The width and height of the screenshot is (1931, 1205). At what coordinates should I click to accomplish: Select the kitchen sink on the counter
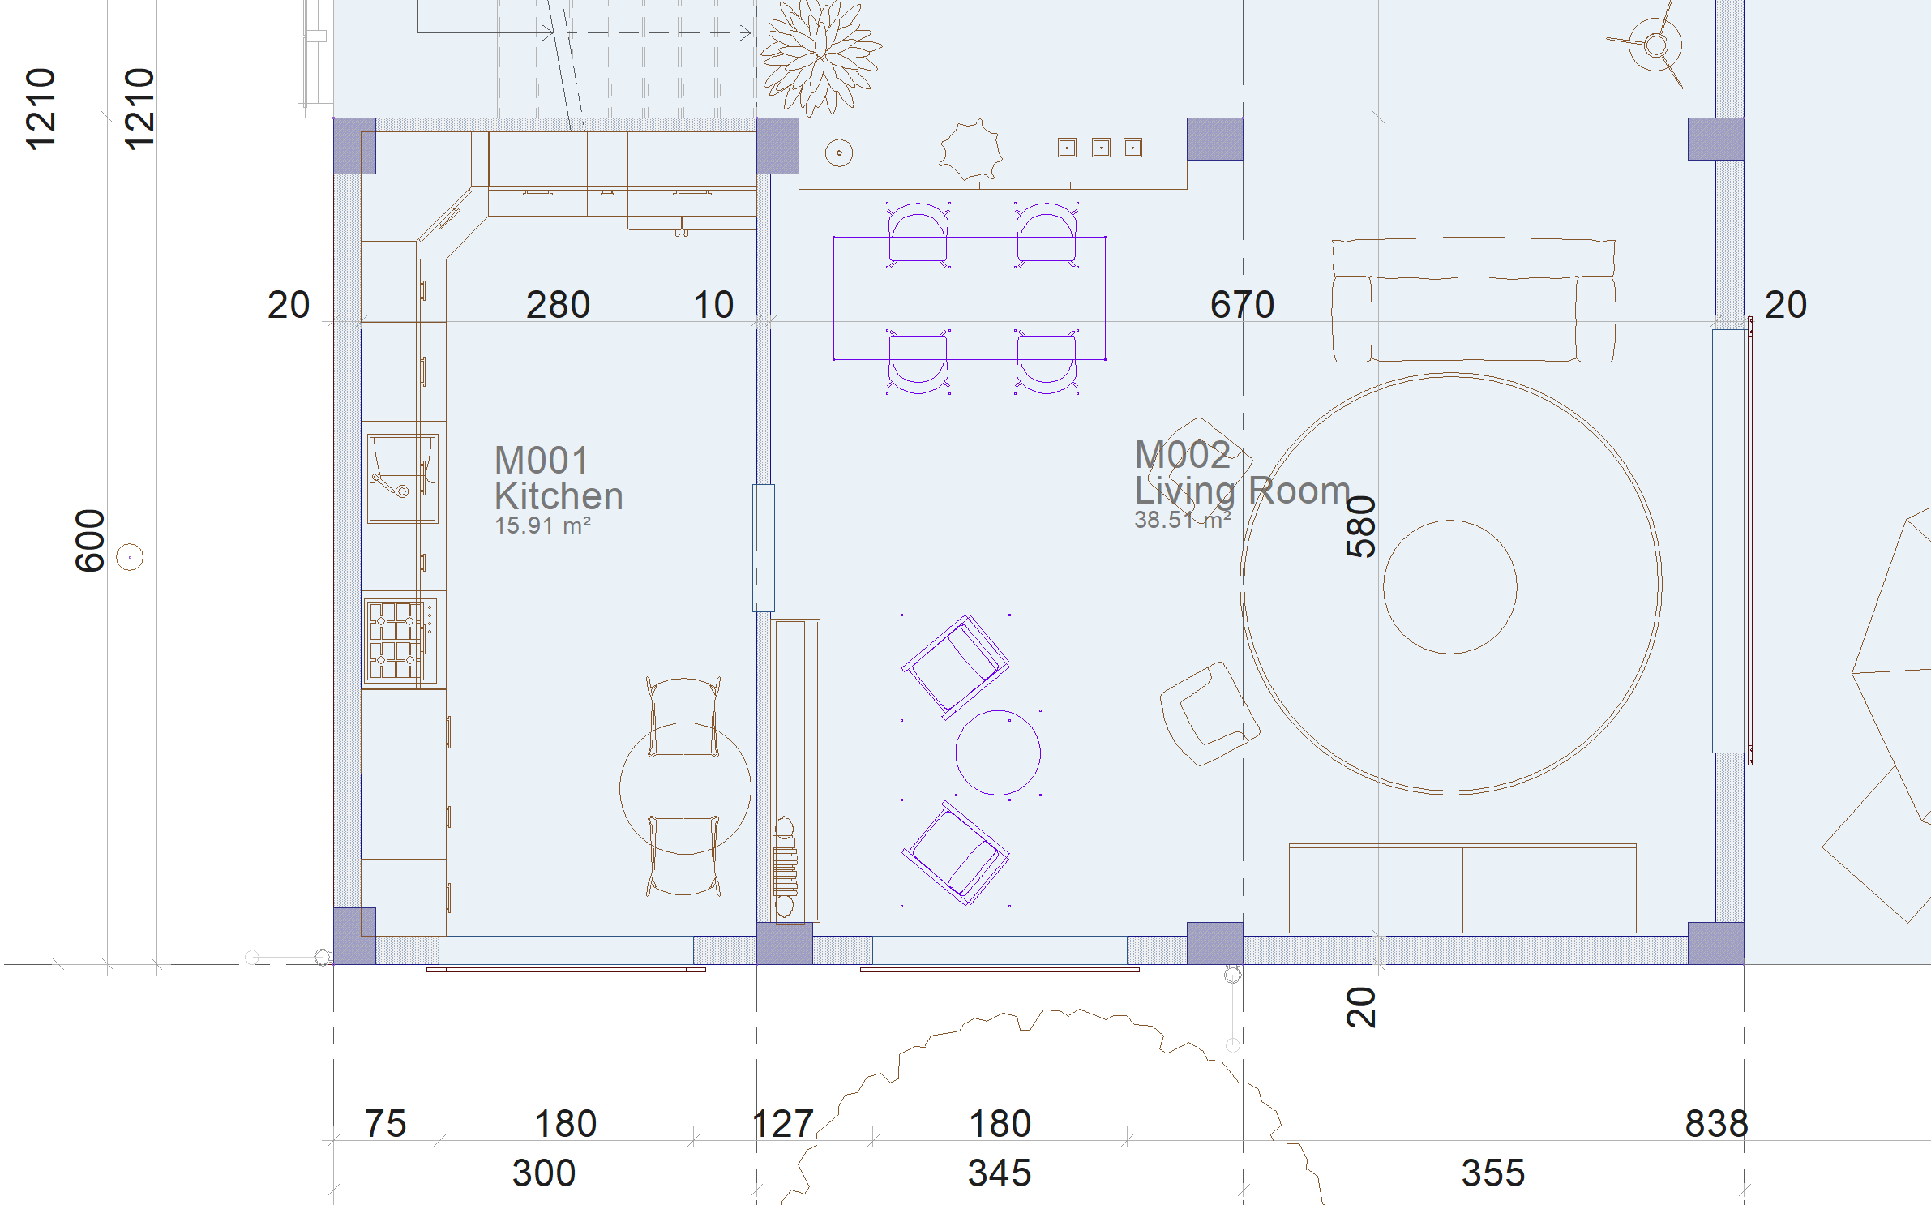click(403, 478)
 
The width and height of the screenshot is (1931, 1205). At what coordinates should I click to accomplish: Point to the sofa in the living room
click(1474, 299)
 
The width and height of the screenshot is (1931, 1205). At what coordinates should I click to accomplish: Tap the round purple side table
click(998, 753)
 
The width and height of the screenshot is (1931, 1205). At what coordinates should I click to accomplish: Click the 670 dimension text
click(1242, 305)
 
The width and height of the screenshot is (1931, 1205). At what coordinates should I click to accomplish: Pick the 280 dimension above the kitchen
click(558, 305)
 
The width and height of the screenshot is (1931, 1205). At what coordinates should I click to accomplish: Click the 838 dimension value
click(1716, 1124)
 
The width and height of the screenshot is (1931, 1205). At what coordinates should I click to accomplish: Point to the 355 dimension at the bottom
click(1492, 1173)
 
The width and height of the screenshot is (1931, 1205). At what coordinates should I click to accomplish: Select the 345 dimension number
click(1000, 1173)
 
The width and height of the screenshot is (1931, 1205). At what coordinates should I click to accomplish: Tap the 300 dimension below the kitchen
click(544, 1173)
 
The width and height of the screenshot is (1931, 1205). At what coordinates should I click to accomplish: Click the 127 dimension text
click(783, 1124)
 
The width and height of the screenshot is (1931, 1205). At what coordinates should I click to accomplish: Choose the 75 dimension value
click(385, 1124)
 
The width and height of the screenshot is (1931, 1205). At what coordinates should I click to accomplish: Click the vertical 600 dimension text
click(90, 541)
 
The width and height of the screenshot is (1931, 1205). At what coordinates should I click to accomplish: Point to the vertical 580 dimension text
click(1361, 527)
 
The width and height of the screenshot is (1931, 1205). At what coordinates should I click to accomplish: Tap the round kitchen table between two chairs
click(685, 788)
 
